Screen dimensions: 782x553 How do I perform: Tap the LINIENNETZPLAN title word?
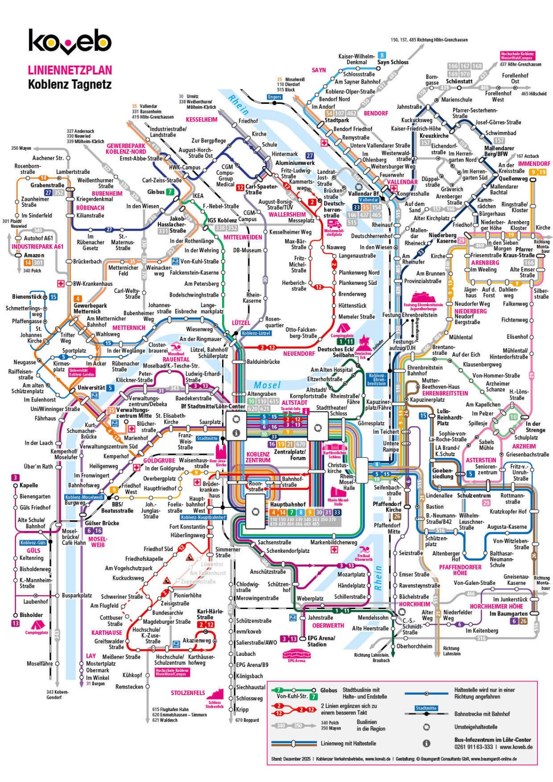(69, 70)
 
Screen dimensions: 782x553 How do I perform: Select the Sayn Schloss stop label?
(392, 62)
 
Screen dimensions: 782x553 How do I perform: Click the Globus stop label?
(156, 192)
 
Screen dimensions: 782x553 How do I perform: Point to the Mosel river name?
(267, 385)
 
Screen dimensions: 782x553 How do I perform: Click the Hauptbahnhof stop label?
(288, 505)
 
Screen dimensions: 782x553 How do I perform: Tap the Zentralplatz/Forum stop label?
(290, 455)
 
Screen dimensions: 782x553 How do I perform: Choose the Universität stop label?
(91, 388)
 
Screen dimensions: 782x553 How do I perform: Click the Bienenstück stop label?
(26, 297)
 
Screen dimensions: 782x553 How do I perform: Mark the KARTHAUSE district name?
(106, 632)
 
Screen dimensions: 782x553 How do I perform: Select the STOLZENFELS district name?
(188, 693)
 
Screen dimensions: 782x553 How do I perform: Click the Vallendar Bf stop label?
(363, 194)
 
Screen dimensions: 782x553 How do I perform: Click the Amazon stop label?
(34, 255)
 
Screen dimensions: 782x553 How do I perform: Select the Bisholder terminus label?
(31, 615)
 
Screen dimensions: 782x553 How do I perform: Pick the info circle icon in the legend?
(426, 743)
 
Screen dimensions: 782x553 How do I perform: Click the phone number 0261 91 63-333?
(473, 747)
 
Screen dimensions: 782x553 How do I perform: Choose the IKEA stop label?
(198, 196)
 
